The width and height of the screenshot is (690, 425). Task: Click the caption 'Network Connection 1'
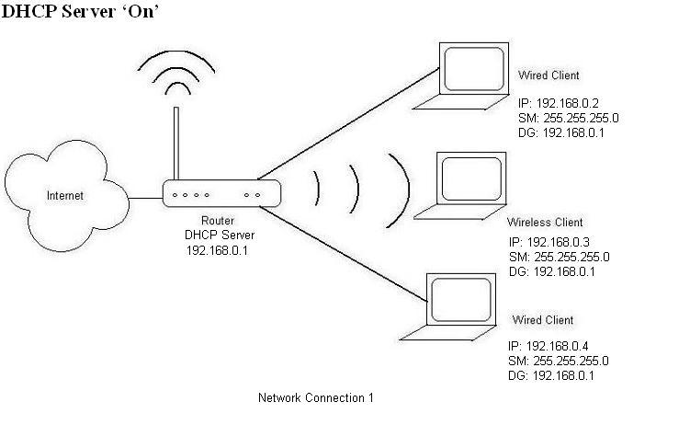[x=315, y=398]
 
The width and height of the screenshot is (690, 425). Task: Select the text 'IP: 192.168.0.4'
[x=550, y=346]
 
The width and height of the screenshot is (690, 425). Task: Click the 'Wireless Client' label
[x=545, y=223]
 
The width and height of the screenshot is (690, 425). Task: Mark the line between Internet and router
[x=145, y=196]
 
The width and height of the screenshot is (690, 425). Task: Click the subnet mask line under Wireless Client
[x=558, y=257]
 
